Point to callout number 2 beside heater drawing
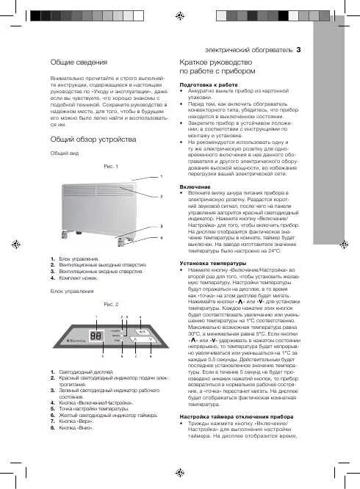tap(161, 197)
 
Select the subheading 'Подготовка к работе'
tap(209, 106)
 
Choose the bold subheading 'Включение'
tap(194, 188)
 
